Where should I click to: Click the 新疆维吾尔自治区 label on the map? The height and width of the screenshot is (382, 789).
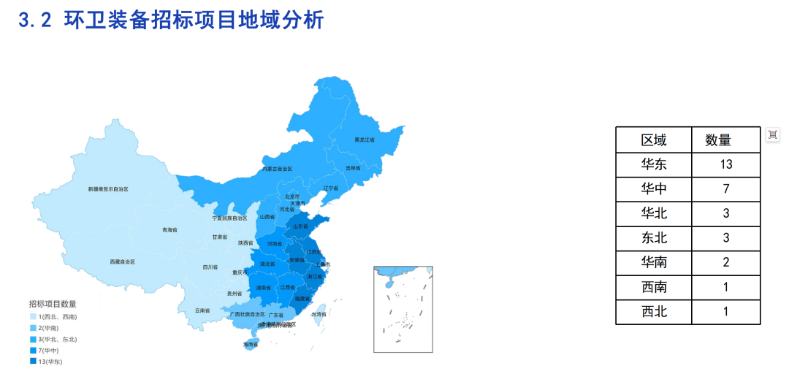pyautogui.click(x=108, y=189)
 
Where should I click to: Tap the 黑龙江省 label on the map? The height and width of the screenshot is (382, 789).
pyautogui.click(x=365, y=139)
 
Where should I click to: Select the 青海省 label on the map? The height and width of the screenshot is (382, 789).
pyautogui.click(x=169, y=230)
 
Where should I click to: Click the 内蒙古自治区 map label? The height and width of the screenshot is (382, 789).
pyautogui.click(x=277, y=169)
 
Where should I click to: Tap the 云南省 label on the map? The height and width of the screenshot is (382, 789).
pyautogui.click(x=202, y=310)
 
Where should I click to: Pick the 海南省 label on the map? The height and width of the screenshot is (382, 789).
pyautogui.click(x=251, y=344)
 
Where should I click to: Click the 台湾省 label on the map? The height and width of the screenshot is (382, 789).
pyautogui.click(x=319, y=314)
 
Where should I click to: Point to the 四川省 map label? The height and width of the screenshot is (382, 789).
pyautogui.click(x=210, y=267)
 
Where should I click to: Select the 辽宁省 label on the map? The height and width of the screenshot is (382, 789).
pyautogui.click(x=331, y=188)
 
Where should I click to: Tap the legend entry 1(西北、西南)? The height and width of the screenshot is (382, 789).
pyautogui.click(x=56, y=317)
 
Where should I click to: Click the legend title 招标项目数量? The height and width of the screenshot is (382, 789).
pyautogui.click(x=53, y=304)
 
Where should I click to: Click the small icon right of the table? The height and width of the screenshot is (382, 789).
pyautogui.click(x=773, y=134)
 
